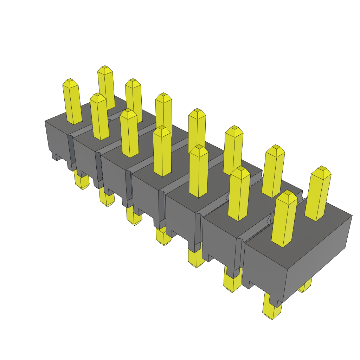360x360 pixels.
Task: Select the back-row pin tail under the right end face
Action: point(305,286)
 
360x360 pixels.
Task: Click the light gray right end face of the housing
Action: point(318,257)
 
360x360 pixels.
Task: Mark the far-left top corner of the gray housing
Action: point(45,121)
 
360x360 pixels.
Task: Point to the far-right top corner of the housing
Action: point(352,216)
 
